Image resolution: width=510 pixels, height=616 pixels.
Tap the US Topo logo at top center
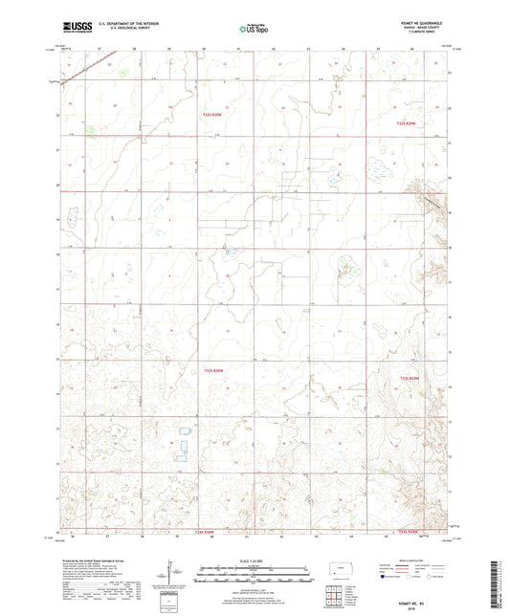coord(254,30)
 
